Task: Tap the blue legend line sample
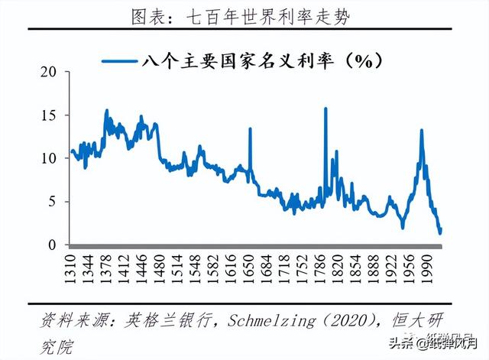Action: pos(118,60)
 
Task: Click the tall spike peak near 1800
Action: pos(326,109)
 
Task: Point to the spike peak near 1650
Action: pos(250,128)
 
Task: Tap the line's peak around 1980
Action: pos(421,131)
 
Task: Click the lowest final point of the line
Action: pos(439,232)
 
